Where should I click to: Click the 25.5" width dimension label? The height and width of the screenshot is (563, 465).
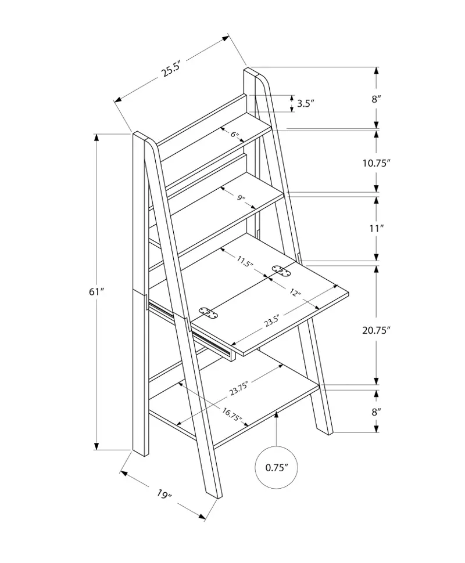(170, 68)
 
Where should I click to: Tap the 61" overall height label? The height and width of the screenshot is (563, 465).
(96, 292)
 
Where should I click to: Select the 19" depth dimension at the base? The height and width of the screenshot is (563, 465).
(164, 495)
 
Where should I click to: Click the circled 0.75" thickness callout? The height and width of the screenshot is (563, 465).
(277, 467)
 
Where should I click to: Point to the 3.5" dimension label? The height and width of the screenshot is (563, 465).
(306, 103)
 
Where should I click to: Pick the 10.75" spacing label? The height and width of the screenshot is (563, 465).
(376, 163)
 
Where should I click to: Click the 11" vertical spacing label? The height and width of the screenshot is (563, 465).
(376, 228)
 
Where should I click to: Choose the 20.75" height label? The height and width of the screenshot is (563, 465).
(376, 330)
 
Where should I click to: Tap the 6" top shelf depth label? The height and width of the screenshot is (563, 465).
(235, 135)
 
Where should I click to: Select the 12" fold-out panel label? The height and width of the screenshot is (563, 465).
(294, 293)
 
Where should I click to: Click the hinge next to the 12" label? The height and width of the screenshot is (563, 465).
(281, 271)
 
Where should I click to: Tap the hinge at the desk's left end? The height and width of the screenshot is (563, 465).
(209, 313)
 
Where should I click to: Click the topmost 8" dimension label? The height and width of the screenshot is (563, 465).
(376, 99)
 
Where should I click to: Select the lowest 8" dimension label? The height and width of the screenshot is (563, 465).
(376, 412)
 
